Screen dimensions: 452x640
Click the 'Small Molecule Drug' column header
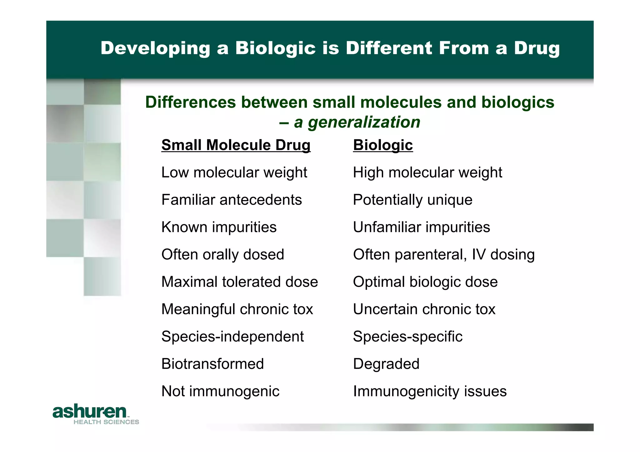pyautogui.click(x=236, y=145)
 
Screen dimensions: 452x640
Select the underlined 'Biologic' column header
pyautogui.click(x=383, y=145)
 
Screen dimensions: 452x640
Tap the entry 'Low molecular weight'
pyautogui.click(x=234, y=172)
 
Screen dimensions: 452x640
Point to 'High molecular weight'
pyautogui.click(x=427, y=172)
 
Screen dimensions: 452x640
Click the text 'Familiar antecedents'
pyautogui.click(x=232, y=200)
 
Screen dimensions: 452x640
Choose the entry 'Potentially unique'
pyautogui.click(x=412, y=200)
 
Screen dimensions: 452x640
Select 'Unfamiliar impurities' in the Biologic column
pyautogui.click(x=421, y=227)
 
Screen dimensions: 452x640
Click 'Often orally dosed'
pyautogui.click(x=222, y=255)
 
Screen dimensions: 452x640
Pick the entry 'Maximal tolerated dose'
pyautogui.click(x=239, y=282)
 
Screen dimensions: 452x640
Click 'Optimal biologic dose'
pyautogui.click(x=425, y=282)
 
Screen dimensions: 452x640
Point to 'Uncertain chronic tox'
pyautogui.click(x=424, y=309)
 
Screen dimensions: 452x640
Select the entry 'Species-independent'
pyautogui.click(x=232, y=336)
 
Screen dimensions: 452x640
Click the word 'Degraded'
pyautogui.click(x=386, y=364)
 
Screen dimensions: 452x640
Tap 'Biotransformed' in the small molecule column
pyautogui.click(x=212, y=364)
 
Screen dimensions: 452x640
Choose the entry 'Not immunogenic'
pyautogui.click(x=220, y=391)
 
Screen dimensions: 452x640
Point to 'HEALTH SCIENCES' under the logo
pyautogui.click(x=106, y=422)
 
